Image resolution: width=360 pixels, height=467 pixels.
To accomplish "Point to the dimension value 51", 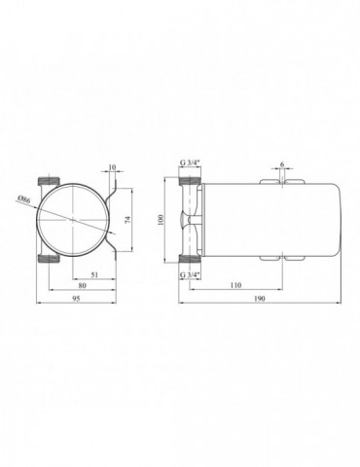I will (94, 276).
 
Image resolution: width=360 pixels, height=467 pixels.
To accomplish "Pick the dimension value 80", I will (80, 288).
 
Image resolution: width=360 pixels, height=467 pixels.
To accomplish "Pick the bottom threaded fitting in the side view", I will (191, 259).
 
